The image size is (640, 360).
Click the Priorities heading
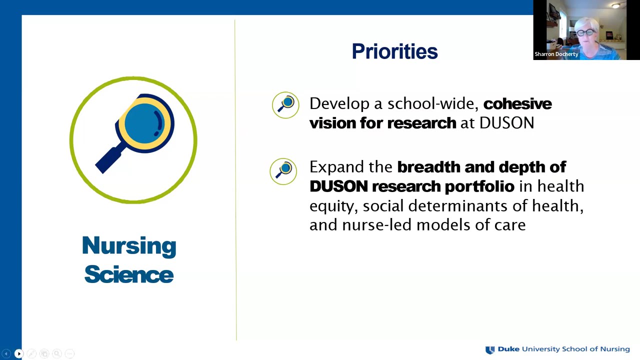click(x=394, y=51)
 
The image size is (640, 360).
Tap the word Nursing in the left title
click(x=129, y=246)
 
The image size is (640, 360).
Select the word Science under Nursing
click(x=129, y=274)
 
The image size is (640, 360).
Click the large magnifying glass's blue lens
click(x=144, y=121)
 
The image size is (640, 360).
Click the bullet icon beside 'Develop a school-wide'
click(x=285, y=105)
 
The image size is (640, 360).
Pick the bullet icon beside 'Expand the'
click(x=283, y=171)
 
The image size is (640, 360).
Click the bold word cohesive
click(x=517, y=103)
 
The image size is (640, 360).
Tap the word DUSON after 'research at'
click(x=506, y=123)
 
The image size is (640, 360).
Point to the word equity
click(x=332, y=206)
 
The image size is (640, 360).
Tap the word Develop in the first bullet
click(x=339, y=103)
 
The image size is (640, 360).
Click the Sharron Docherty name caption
click(x=556, y=54)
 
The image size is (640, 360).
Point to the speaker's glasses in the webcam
click(x=587, y=33)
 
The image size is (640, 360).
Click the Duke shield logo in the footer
click(x=490, y=349)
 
